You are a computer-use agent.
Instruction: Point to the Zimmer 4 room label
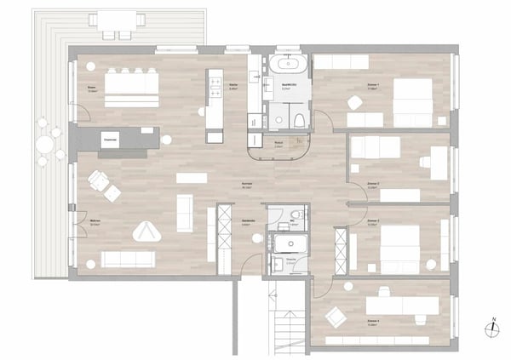coord(372,323)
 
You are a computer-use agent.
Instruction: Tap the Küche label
coord(233,87)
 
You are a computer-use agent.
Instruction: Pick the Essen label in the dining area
coord(91,88)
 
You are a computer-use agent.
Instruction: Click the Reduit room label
coord(278,144)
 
